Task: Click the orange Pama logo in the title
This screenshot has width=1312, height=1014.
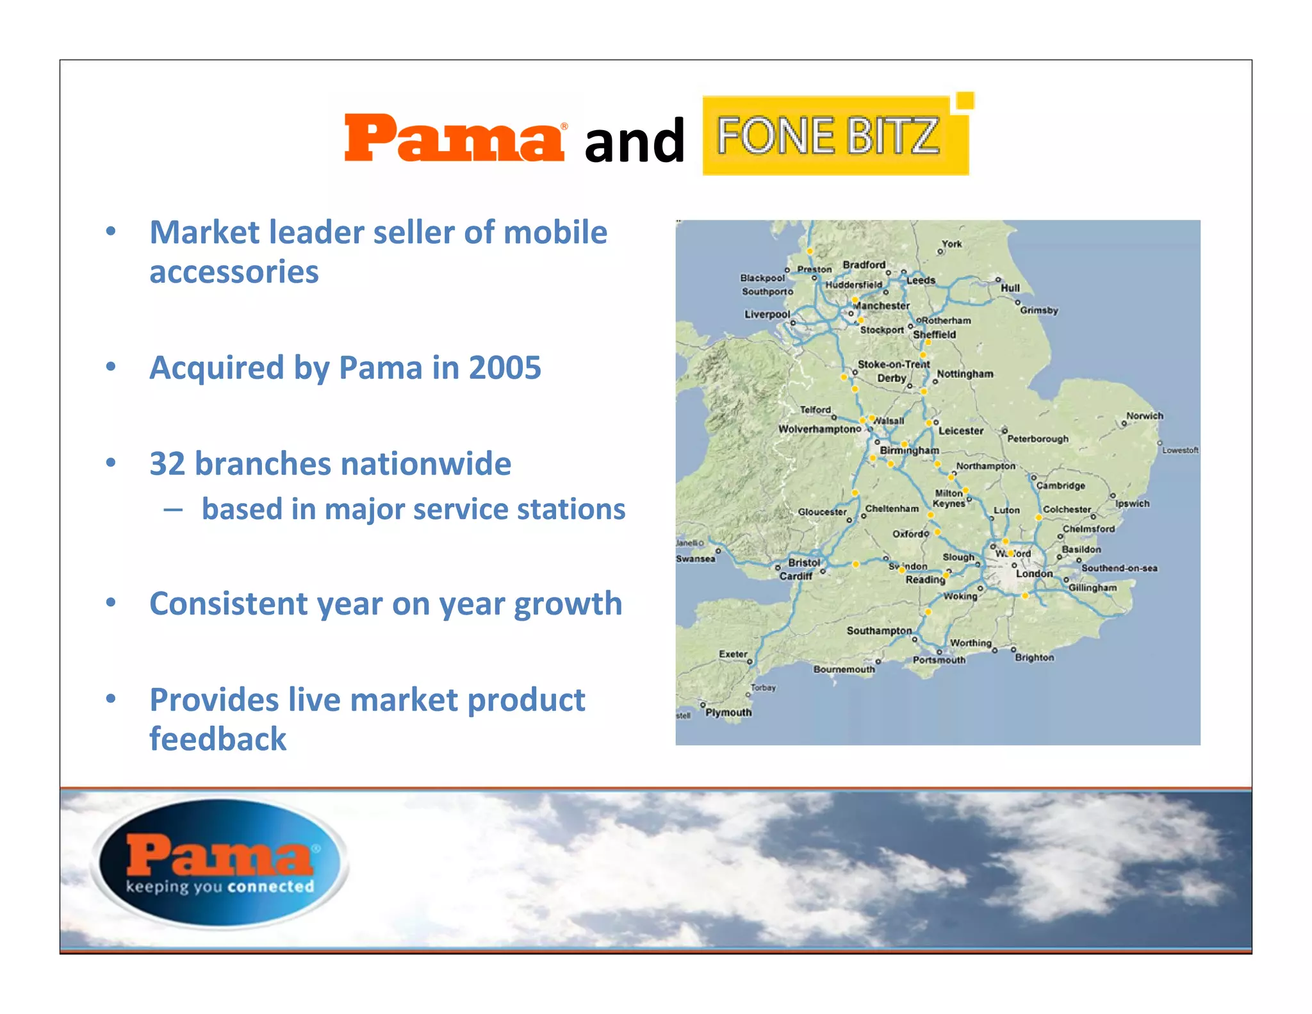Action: [454, 138]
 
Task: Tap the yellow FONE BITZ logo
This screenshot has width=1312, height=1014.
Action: [835, 135]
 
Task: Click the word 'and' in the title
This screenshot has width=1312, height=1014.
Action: [634, 142]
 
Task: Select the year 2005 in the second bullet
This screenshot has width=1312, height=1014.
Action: [505, 368]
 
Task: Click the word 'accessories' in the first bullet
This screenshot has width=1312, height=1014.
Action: [234, 272]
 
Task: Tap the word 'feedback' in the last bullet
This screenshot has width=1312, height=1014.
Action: [218, 739]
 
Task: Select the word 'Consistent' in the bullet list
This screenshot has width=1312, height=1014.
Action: [228, 604]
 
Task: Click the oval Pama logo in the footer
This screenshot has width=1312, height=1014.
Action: [220, 862]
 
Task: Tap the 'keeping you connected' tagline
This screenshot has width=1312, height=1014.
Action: [220, 887]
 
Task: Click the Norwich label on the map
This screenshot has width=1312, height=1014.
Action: [1144, 416]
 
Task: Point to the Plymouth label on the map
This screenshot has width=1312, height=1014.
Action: [728, 713]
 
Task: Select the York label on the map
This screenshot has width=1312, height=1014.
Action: [952, 244]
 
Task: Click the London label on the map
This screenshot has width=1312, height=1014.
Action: [1034, 574]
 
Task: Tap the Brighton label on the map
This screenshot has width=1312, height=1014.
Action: [1034, 658]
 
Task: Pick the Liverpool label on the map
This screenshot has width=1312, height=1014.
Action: [767, 315]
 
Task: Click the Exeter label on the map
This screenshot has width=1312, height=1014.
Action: [733, 654]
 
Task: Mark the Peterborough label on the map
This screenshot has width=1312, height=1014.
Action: [1038, 439]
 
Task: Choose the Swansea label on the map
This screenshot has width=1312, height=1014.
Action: [696, 559]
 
